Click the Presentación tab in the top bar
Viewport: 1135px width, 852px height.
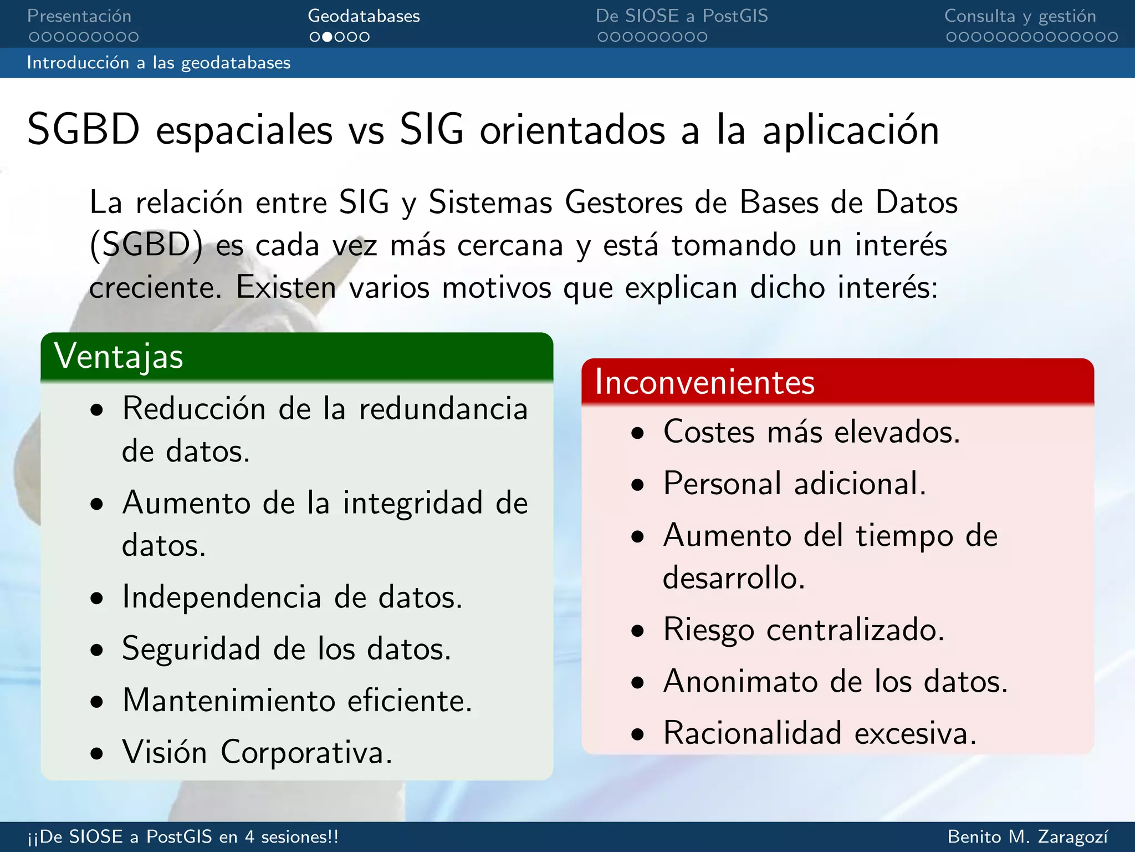[x=79, y=16]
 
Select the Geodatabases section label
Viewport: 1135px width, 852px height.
[x=364, y=16]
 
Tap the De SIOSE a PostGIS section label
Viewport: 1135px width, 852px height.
[x=682, y=16]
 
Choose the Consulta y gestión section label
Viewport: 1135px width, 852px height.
[x=1020, y=16]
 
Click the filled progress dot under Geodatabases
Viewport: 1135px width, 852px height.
[x=327, y=37]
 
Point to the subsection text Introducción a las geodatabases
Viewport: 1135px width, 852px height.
[x=159, y=63]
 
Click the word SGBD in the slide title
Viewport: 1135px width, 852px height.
[x=83, y=130]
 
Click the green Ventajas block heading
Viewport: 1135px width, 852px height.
[x=119, y=356]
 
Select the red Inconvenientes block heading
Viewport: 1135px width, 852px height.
[x=704, y=382]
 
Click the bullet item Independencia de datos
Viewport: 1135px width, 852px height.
[x=292, y=597]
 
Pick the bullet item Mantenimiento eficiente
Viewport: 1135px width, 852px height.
[x=297, y=701]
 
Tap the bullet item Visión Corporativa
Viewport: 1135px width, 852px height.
[x=257, y=753]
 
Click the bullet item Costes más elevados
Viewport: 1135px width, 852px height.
[x=811, y=432]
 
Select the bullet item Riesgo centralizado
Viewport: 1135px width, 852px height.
[x=804, y=630]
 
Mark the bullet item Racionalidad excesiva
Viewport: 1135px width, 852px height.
[x=820, y=733]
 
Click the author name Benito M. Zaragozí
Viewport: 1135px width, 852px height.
[x=1028, y=836]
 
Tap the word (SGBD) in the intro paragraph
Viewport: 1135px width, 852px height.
[x=146, y=245]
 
